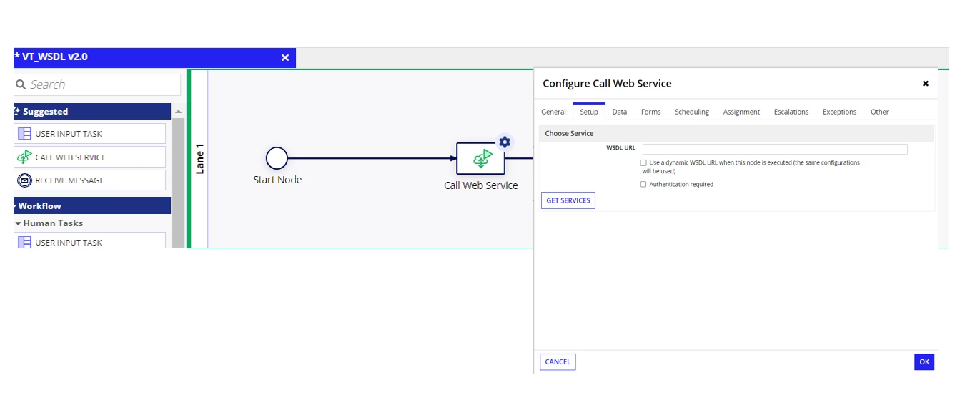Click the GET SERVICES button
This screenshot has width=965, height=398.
pyautogui.click(x=568, y=200)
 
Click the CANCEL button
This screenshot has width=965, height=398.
pyautogui.click(x=558, y=361)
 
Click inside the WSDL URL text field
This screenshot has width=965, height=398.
pyautogui.click(x=775, y=149)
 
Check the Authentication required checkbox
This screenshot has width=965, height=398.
pyautogui.click(x=643, y=184)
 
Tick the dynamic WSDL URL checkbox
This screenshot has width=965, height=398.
pyautogui.click(x=643, y=162)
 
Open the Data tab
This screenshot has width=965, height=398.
pyautogui.click(x=620, y=112)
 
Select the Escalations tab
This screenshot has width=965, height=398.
pyautogui.click(x=791, y=112)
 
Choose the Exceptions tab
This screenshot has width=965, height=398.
pyautogui.click(x=839, y=112)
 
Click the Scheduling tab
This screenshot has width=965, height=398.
pyautogui.click(x=691, y=112)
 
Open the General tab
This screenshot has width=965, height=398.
pyautogui.click(x=553, y=112)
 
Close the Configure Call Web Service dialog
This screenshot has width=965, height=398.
pyautogui.click(x=926, y=84)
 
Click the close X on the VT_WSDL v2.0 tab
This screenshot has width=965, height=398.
pyautogui.click(x=284, y=58)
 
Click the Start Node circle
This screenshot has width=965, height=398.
pyautogui.click(x=277, y=158)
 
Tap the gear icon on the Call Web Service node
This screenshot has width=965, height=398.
pyautogui.click(x=505, y=142)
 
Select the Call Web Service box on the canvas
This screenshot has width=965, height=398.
pyautogui.click(x=480, y=159)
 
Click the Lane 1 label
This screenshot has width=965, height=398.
pyautogui.click(x=199, y=159)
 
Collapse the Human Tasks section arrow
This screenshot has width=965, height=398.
pyautogui.click(x=18, y=223)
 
